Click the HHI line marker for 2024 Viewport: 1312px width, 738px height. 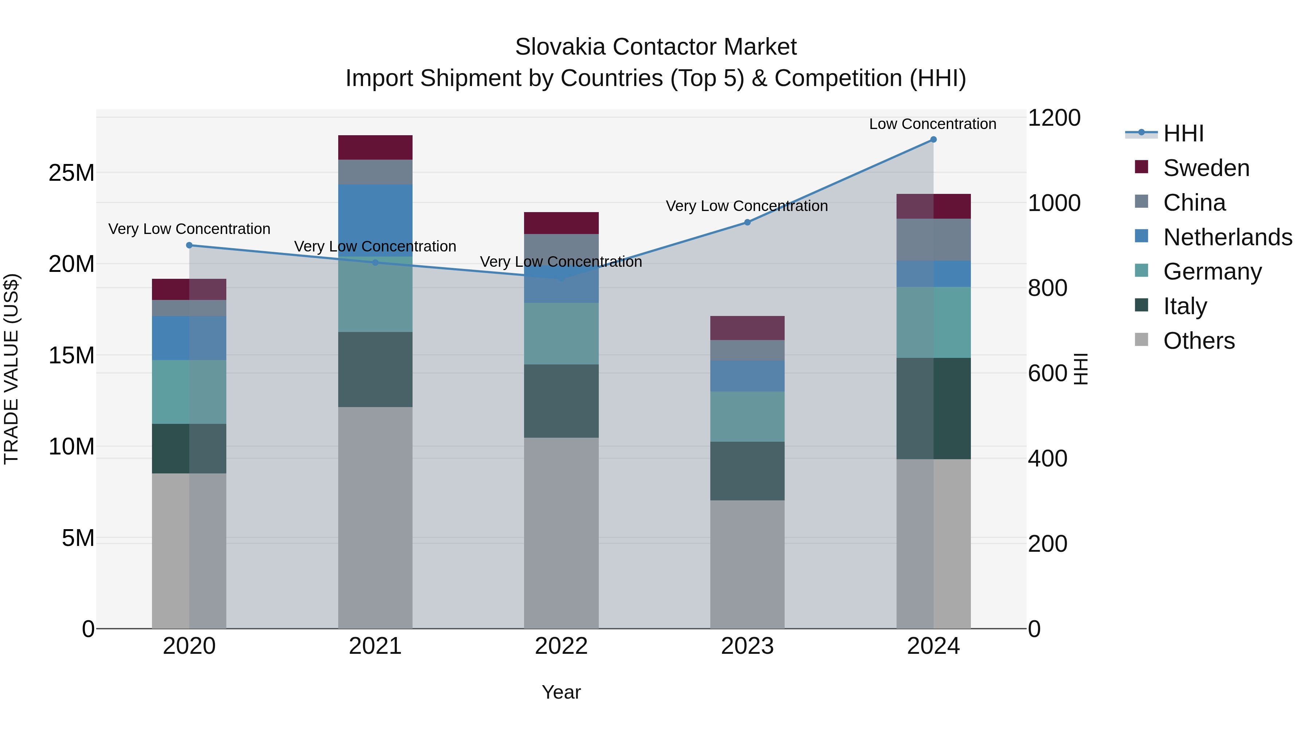[933, 140]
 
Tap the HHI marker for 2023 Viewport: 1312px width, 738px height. [747, 222]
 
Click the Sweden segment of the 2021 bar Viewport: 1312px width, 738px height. [375, 147]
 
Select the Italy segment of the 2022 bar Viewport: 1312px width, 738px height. [561, 401]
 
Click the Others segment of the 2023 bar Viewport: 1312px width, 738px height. [747, 564]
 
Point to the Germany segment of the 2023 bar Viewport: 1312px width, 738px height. [747, 416]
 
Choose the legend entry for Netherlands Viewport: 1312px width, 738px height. [1227, 237]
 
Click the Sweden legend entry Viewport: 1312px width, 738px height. [1206, 168]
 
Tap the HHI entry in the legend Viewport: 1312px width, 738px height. [1183, 133]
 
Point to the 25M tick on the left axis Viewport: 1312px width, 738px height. [71, 173]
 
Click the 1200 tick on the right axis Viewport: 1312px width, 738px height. [1054, 118]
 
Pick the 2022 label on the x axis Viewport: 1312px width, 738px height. [561, 646]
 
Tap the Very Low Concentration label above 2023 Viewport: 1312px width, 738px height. [747, 206]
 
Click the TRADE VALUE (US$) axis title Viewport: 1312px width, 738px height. [11, 369]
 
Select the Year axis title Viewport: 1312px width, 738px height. [561, 692]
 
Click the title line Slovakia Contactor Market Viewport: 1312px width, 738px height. [656, 47]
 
